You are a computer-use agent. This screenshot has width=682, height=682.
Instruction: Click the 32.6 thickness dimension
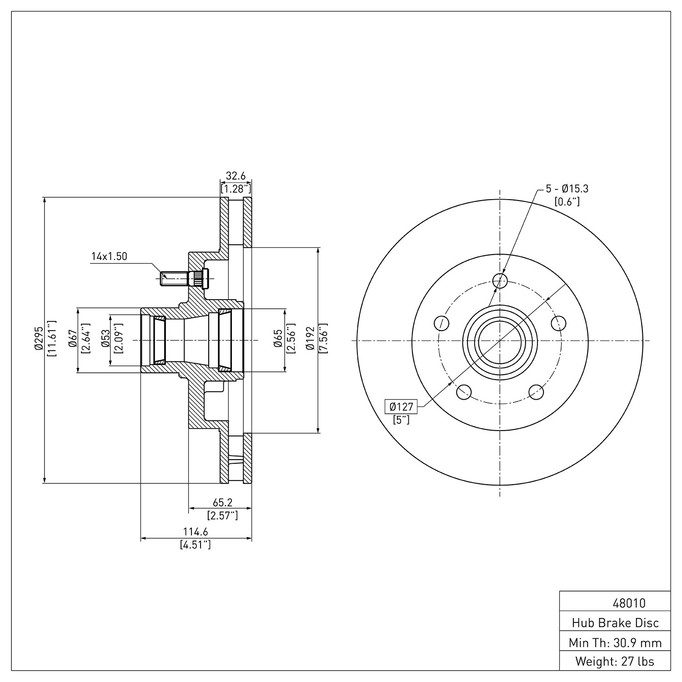pos(236,176)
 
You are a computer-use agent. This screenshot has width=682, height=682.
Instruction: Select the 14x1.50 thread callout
pos(109,256)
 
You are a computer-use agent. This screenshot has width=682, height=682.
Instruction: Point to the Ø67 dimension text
pos(72,340)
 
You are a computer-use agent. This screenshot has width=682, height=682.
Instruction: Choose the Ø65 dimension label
pos(278,340)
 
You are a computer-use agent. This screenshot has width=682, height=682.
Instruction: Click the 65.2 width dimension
pos(222,502)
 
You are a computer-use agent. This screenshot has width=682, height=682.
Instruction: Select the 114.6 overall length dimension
pos(196,532)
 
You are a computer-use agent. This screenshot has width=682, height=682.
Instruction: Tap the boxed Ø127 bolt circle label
pos(401,406)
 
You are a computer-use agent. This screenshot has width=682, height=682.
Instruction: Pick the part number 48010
pos(629,603)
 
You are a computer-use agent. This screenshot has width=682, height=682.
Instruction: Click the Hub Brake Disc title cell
pos(615,622)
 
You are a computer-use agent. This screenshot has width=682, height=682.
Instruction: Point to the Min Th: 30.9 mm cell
pos(615,642)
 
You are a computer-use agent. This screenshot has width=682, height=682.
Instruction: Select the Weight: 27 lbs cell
pos(615,661)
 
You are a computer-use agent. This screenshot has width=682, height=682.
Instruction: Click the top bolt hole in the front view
pos(500,281)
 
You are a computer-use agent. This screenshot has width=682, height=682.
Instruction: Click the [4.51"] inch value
pos(196,544)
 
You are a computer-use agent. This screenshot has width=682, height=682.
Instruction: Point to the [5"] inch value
pos(401,420)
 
